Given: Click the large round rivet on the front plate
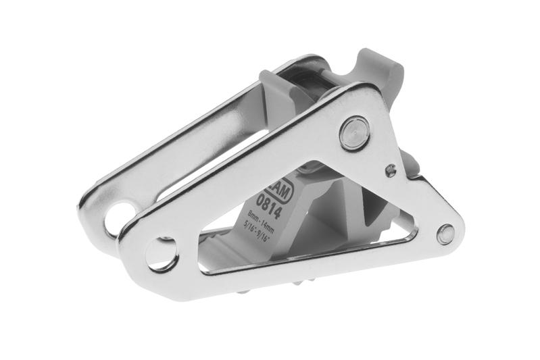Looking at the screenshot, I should point(353,133).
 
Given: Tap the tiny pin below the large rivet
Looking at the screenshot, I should point(390,170).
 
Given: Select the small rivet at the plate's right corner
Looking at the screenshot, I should point(445,234).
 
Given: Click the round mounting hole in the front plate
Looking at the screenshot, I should point(162,253).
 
